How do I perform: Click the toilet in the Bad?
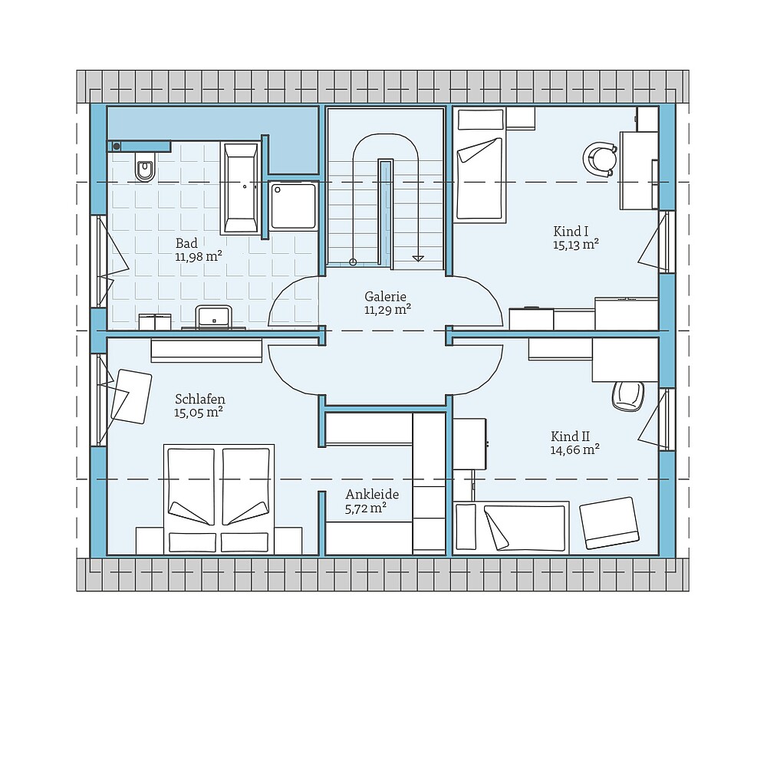click(x=145, y=166)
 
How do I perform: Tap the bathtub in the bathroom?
click(x=240, y=188)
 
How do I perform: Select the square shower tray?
click(x=293, y=206)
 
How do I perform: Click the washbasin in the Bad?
click(x=214, y=316)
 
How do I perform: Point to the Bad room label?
click(x=187, y=243)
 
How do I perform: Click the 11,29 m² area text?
click(x=387, y=309)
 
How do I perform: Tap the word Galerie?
click(x=386, y=296)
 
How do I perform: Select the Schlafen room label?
click(x=200, y=399)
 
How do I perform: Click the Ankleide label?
click(x=372, y=494)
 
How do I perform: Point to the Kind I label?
click(x=571, y=231)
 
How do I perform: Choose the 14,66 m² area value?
click(x=574, y=449)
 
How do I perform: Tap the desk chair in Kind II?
click(x=628, y=396)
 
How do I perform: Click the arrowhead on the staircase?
click(x=418, y=258)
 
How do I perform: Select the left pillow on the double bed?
click(x=193, y=542)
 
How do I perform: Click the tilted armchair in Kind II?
click(x=610, y=523)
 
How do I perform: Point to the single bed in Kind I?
click(x=480, y=166)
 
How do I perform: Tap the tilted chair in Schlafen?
click(x=131, y=397)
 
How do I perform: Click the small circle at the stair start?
click(x=353, y=262)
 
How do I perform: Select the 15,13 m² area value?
click(x=576, y=245)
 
